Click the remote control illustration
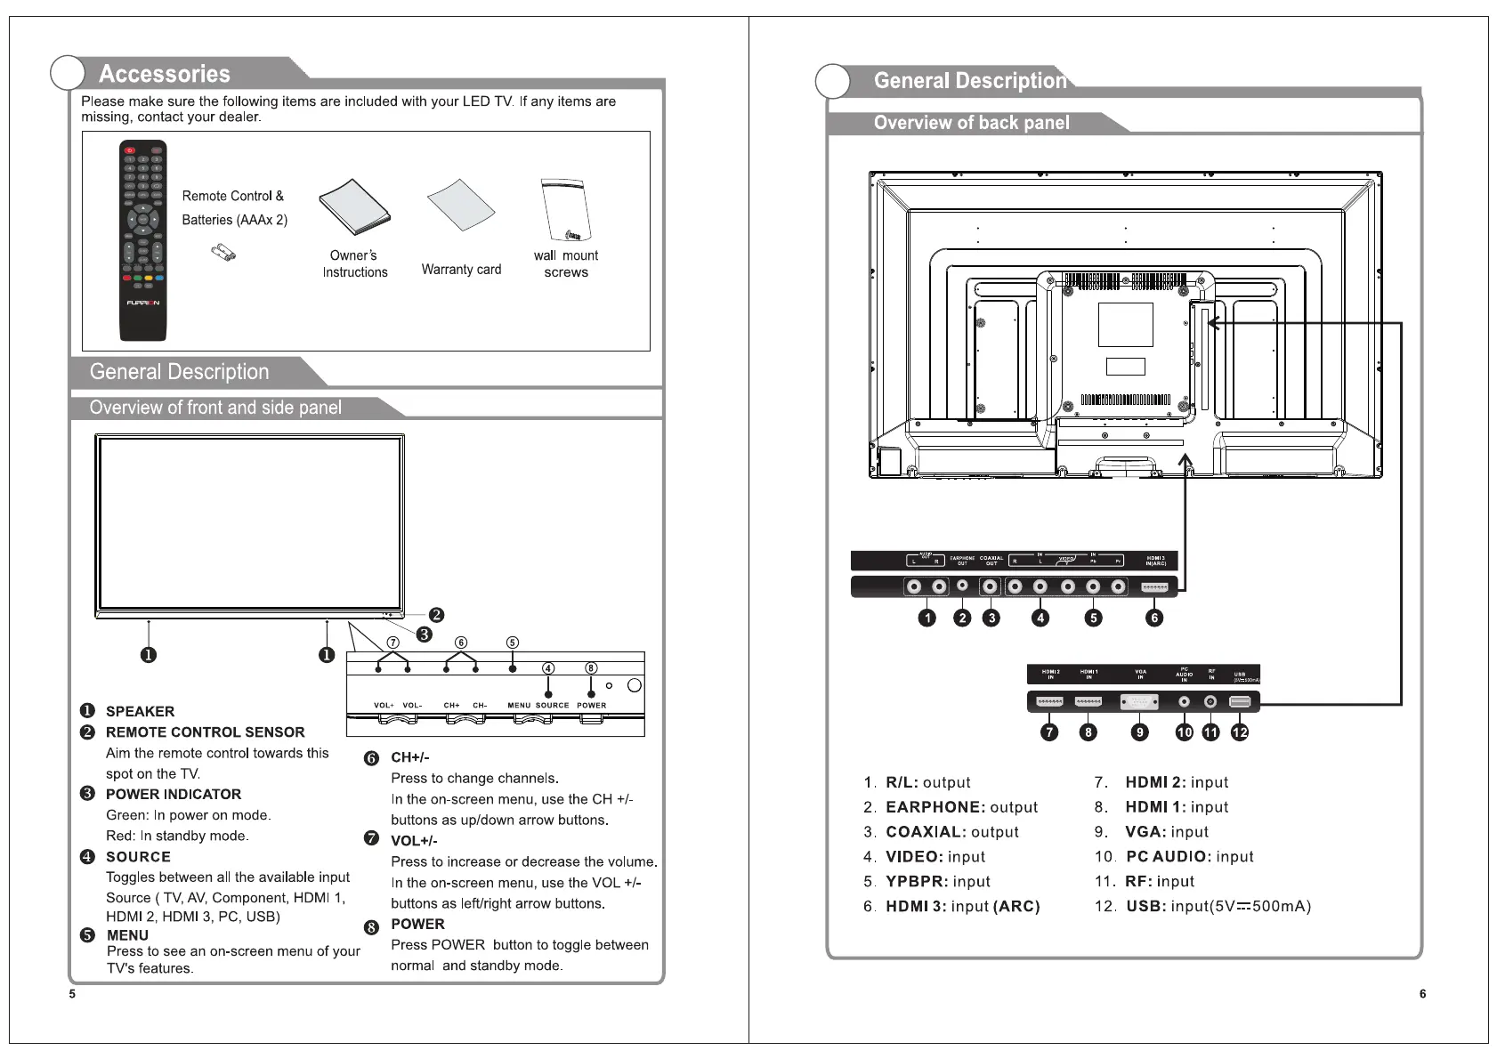coord(142,240)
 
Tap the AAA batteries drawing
coord(223,254)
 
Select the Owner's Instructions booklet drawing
coord(354,205)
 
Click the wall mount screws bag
coord(565,210)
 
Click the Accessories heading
coord(165,74)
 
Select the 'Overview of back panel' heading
coord(971,123)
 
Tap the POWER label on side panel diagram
coord(591,706)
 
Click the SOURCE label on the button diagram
coord(552,706)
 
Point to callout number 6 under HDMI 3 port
coord(1153,618)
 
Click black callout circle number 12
coord(1240,732)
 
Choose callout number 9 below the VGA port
coord(1139,732)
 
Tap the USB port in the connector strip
coord(1239,702)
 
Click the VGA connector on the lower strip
coord(1140,702)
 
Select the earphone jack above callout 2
coord(962,586)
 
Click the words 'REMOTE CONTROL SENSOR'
coord(205,732)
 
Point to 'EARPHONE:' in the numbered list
coord(935,807)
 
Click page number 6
coord(1422,994)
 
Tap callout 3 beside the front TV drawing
coord(425,634)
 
